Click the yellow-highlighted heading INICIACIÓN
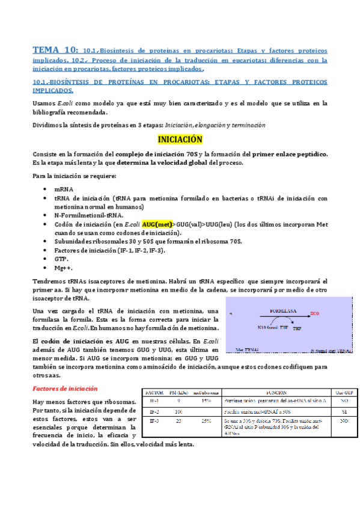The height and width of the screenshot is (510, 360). [179, 140]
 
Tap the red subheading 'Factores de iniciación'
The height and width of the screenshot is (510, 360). [63, 389]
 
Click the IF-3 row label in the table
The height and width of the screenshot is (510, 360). [154, 422]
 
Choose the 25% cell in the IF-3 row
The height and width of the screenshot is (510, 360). [206, 422]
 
